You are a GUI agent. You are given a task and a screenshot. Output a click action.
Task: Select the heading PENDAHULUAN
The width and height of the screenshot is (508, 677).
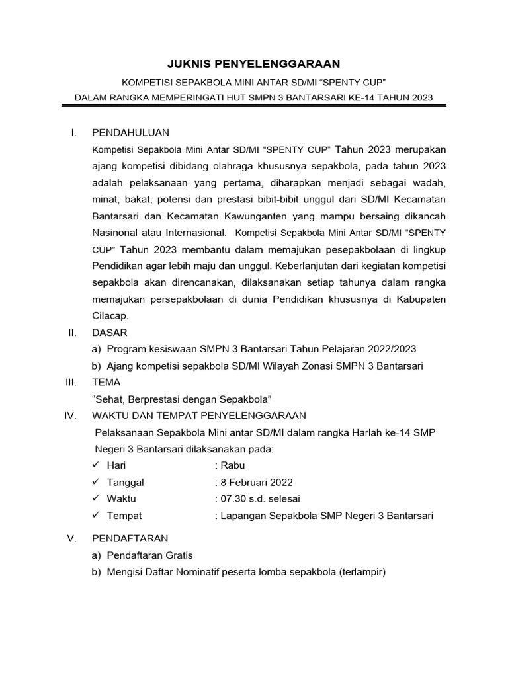point(131,132)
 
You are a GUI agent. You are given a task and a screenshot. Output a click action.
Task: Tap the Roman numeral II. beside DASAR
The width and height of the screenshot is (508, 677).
point(73,332)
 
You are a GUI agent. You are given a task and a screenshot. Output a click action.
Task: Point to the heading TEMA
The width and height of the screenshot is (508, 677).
point(107,382)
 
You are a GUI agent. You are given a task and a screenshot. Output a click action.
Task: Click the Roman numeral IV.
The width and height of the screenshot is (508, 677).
point(73,415)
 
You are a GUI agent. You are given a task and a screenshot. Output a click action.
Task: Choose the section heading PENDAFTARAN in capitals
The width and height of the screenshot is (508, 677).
point(130,538)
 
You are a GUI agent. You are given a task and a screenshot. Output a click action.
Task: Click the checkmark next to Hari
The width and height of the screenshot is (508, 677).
point(97,465)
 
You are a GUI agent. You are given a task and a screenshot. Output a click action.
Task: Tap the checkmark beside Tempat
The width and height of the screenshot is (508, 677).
point(97,515)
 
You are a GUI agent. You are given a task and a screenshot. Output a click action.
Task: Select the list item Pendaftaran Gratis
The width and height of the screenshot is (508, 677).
point(149,555)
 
